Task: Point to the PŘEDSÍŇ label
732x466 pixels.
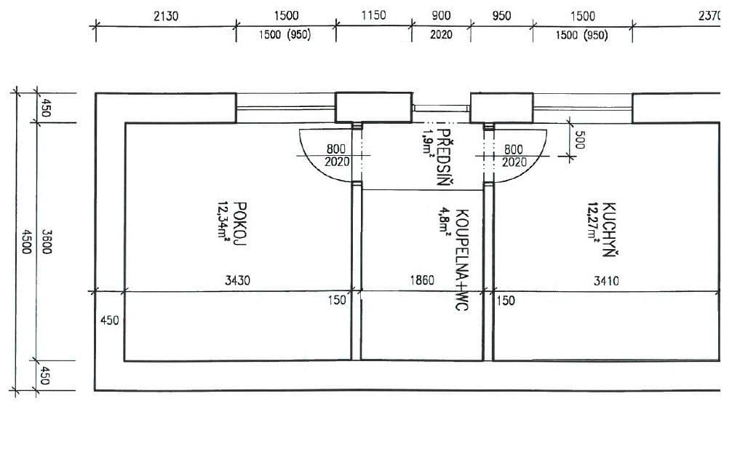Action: pyautogui.click(x=442, y=163)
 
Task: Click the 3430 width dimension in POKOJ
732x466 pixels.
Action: pyautogui.click(x=237, y=280)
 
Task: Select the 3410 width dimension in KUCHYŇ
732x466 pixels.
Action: pyautogui.click(x=606, y=280)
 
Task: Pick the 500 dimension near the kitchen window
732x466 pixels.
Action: pyautogui.click(x=579, y=141)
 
